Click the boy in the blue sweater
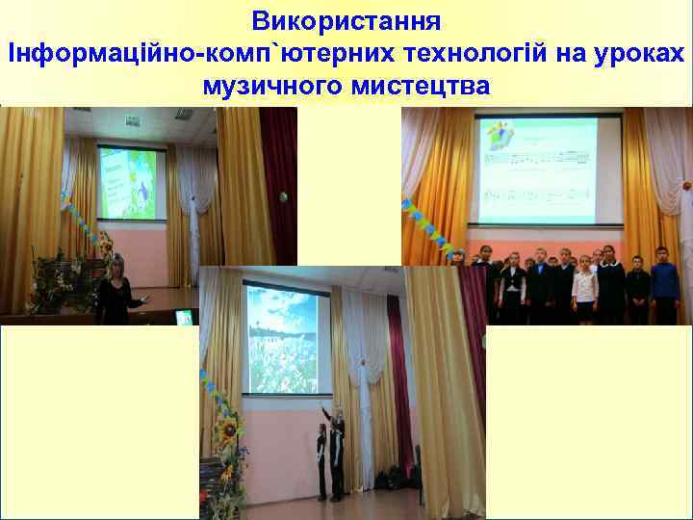tap(664, 285)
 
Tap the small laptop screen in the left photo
tap(183, 317)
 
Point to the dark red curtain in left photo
tap(280, 183)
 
